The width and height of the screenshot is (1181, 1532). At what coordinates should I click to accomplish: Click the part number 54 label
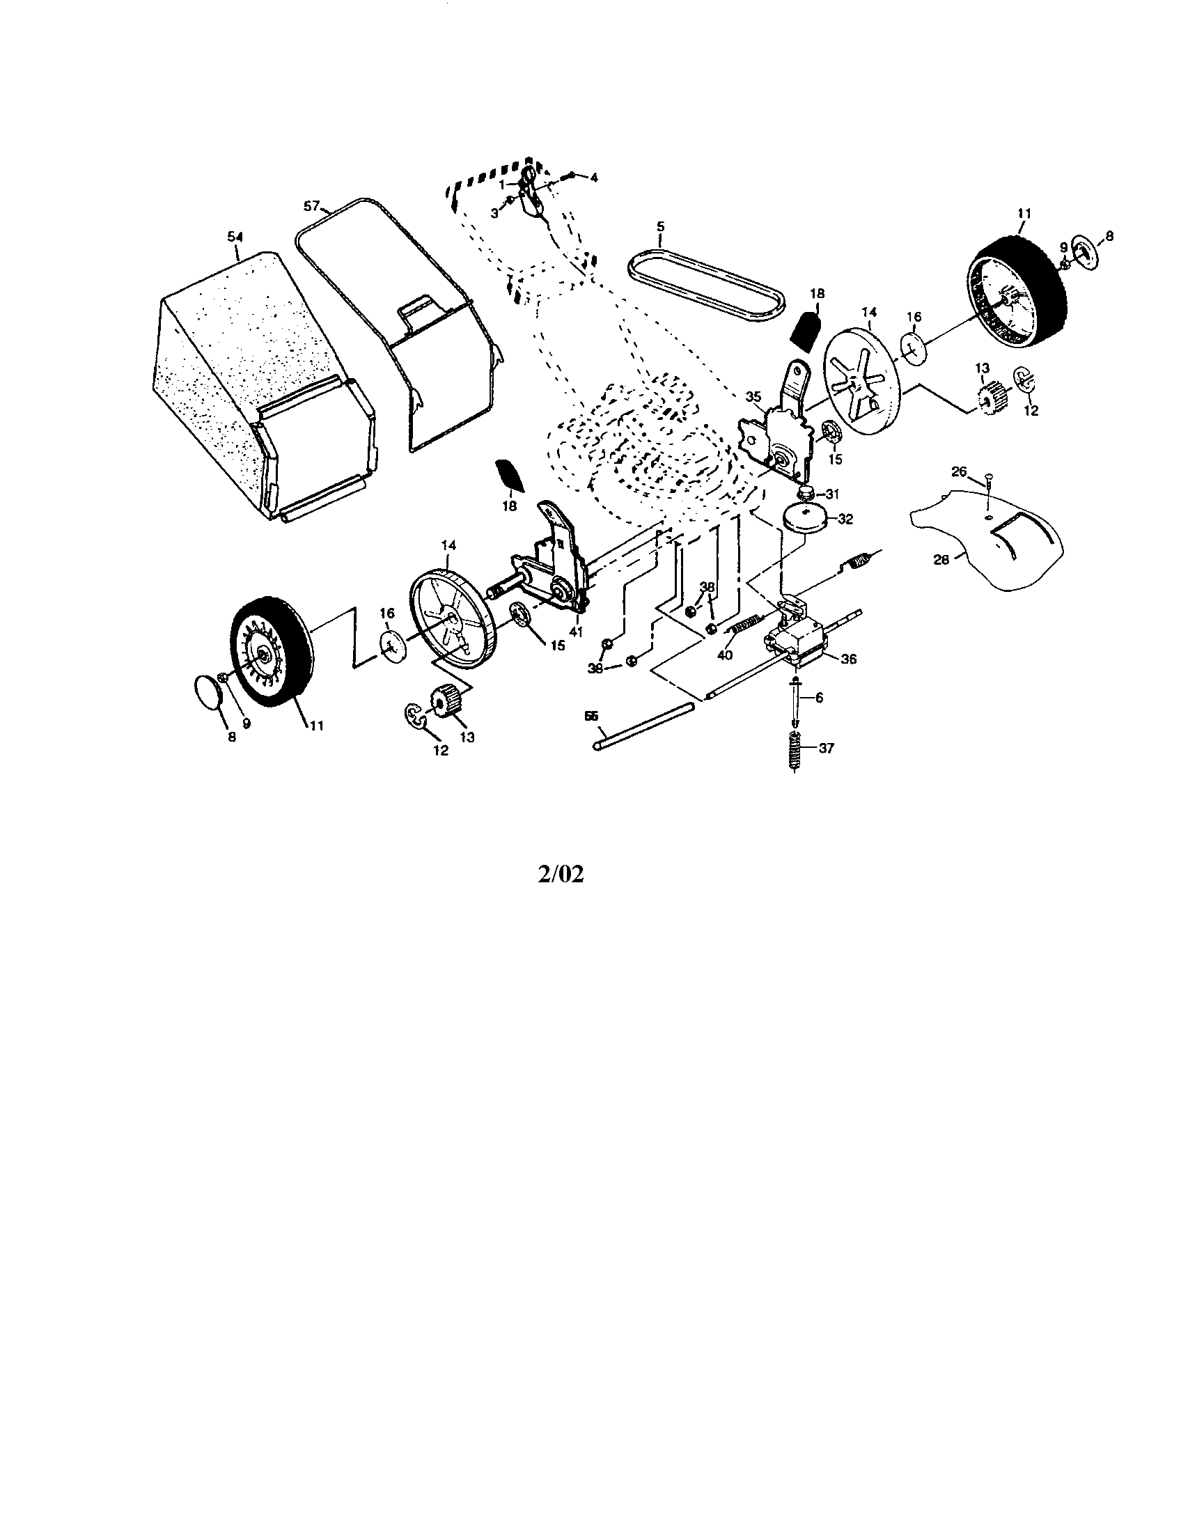click(233, 237)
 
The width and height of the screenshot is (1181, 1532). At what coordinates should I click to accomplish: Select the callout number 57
click(311, 205)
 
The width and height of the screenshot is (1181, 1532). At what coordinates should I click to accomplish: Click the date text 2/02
click(561, 874)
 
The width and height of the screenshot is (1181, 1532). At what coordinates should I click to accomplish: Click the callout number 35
click(753, 396)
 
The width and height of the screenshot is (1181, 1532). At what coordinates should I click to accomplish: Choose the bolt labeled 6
click(796, 701)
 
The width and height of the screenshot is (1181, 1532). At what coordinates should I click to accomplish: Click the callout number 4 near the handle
click(593, 178)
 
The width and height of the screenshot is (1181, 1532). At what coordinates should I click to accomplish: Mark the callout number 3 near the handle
click(495, 212)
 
